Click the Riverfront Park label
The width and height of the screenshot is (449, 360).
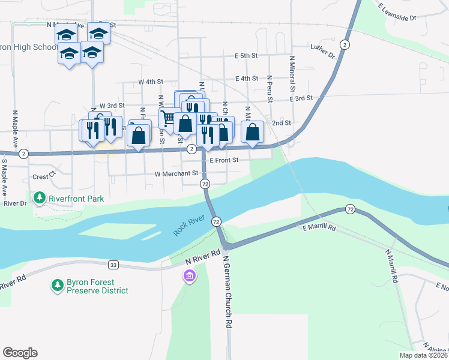(77, 199)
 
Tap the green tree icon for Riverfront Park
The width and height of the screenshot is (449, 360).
(40, 197)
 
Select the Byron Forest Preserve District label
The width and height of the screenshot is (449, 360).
(97, 286)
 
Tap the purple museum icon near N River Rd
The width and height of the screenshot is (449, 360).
(189, 277)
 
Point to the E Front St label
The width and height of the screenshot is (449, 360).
(224, 160)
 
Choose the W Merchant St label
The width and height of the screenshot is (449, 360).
(176, 173)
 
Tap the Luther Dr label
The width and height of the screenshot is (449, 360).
(322, 50)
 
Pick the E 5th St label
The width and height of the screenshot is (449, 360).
(246, 56)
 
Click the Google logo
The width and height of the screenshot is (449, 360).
(20, 353)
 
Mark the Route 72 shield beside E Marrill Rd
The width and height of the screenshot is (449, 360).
(349, 209)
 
